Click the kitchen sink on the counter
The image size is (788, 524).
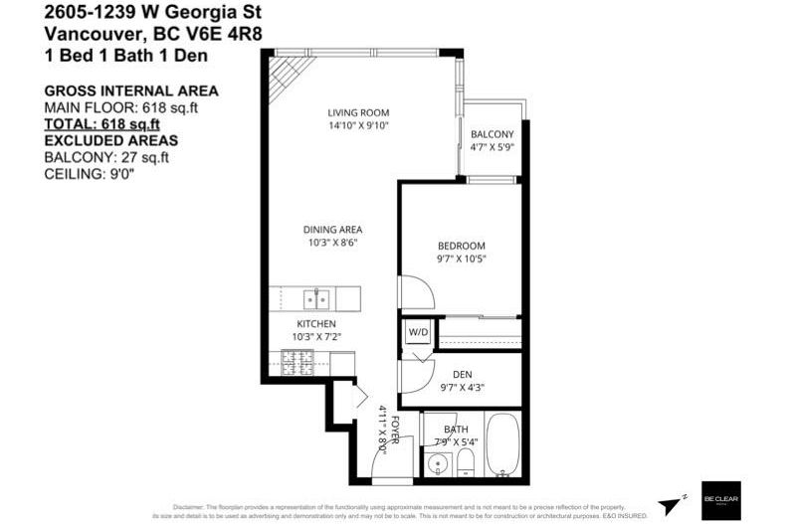(x=317, y=297)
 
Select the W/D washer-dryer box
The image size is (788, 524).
(x=417, y=331)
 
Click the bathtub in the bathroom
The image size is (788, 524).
(x=503, y=446)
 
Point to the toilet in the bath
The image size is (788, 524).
(x=465, y=461)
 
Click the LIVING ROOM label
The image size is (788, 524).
(x=358, y=112)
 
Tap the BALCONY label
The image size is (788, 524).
(x=492, y=134)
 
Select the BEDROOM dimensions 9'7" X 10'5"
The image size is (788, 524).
(x=461, y=259)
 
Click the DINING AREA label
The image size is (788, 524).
(x=332, y=230)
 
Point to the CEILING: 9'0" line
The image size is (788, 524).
(x=89, y=173)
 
